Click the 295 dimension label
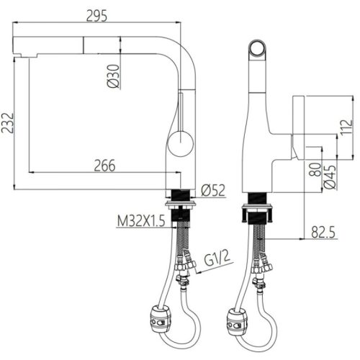coord(96,16)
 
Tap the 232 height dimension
coord(8,123)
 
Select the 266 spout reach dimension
coord(104,166)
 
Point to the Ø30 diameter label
coord(113,76)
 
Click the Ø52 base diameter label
coord(213,190)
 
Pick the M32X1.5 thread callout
coord(141,221)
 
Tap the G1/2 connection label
coord(217,259)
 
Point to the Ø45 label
coord(330,177)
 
